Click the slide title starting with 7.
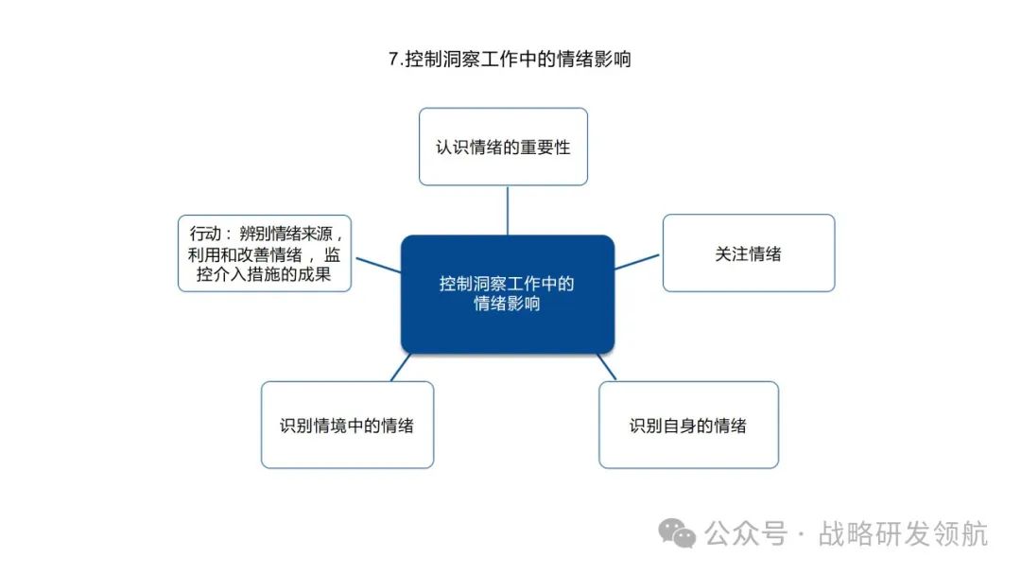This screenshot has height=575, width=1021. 510,59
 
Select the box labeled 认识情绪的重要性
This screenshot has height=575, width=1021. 503,147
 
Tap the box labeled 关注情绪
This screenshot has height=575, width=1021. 748,253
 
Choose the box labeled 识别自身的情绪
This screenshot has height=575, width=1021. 688,426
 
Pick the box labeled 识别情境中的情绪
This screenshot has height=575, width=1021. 347,426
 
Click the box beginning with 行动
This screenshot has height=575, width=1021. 265,253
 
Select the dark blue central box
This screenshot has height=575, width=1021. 508,294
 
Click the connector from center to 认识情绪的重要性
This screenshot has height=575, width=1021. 508,210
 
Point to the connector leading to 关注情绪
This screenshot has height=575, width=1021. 638,261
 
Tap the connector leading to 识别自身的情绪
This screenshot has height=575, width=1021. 606,366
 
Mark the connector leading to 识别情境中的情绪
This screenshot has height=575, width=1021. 401,366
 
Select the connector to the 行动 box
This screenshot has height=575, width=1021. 376,263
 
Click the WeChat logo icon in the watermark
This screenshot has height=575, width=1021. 678,533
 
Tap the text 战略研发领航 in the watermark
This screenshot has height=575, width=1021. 903,534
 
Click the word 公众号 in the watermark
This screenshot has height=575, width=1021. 747,534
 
